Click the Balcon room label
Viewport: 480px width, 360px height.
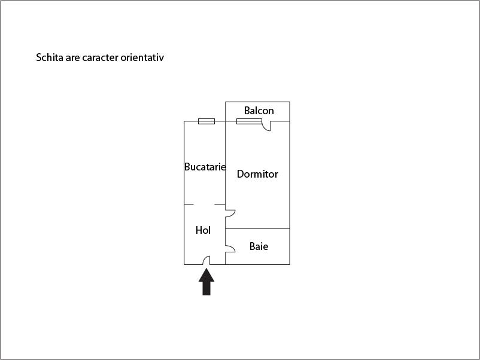(x=259, y=111)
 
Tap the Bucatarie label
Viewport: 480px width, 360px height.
(x=205, y=167)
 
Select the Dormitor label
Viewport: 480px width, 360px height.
(x=257, y=174)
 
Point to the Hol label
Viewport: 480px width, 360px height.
(x=203, y=230)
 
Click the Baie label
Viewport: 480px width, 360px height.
(x=259, y=246)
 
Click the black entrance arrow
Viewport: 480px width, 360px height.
(x=206, y=282)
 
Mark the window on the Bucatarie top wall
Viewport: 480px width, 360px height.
(x=206, y=121)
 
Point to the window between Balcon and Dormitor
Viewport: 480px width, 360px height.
(x=249, y=121)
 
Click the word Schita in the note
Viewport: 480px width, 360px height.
(x=50, y=57)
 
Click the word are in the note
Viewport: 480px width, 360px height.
(x=72, y=58)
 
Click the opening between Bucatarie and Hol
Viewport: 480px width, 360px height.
(x=204, y=205)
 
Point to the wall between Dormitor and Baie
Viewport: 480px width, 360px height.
(x=257, y=228)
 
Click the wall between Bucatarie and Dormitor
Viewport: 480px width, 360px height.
(x=225, y=163)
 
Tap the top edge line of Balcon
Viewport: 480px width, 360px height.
(x=257, y=102)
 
